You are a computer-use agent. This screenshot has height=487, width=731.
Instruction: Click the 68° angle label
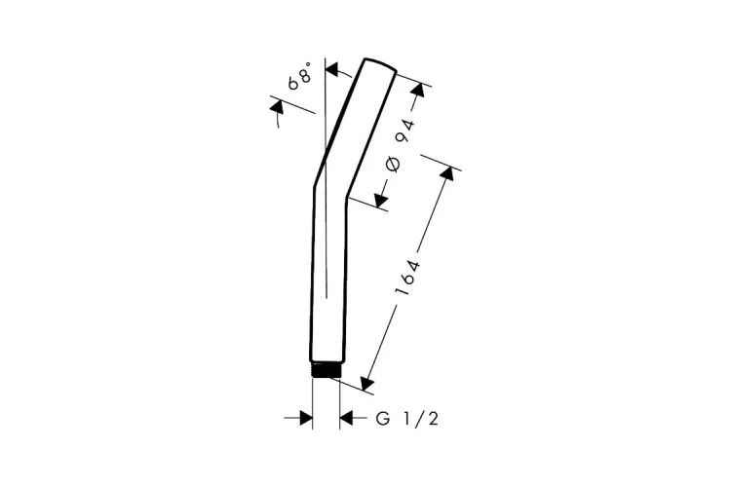(x=299, y=76)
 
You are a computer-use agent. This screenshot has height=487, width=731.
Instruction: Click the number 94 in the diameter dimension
(x=405, y=131)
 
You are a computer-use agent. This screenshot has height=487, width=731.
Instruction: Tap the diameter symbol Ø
(x=393, y=165)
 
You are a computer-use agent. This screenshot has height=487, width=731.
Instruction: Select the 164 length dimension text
(x=407, y=278)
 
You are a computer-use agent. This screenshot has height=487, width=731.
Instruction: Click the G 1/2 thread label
(x=407, y=419)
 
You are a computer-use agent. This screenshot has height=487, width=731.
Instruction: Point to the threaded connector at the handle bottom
(x=327, y=370)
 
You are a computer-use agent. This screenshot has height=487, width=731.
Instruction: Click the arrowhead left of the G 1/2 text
(x=346, y=418)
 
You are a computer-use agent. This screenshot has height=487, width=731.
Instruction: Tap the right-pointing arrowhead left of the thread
(x=305, y=418)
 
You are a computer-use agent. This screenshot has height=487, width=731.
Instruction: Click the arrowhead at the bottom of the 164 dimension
(x=367, y=383)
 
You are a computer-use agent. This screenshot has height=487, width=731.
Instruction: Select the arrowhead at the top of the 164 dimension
(x=447, y=173)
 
